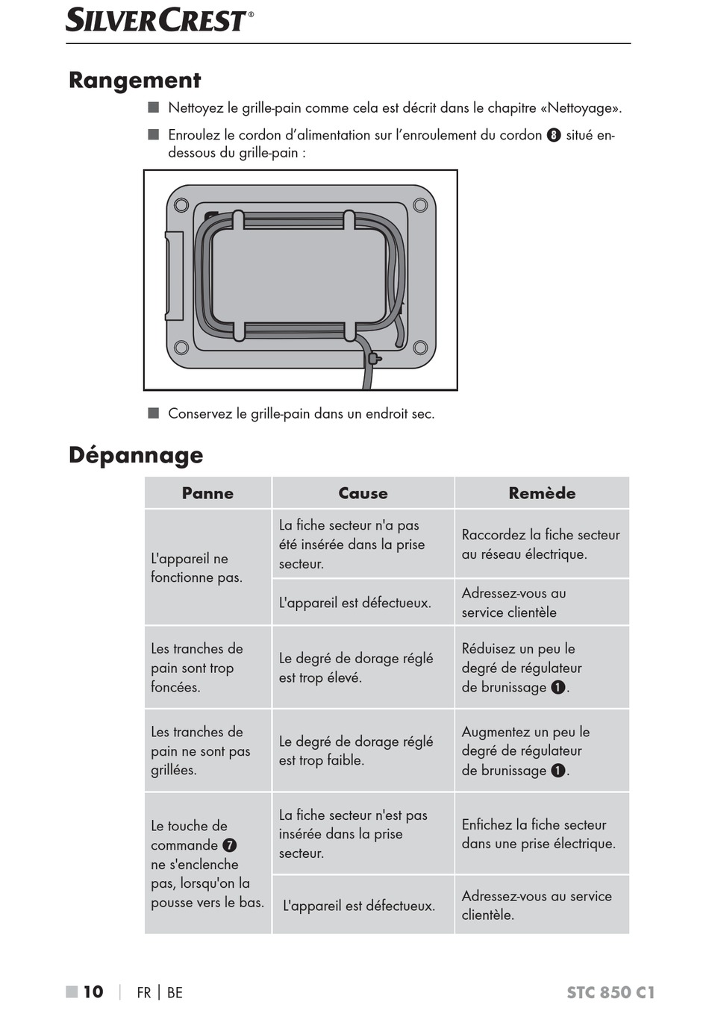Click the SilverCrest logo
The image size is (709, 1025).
[x=159, y=20]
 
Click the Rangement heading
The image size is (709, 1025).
[x=135, y=81]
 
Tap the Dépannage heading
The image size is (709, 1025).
[x=136, y=455]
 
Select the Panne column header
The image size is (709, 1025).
[x=207, y=493]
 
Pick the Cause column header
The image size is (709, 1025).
[x=363, y=493]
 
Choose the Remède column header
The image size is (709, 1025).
[x=542, y=493]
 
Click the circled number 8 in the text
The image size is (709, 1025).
[x=554, y=135]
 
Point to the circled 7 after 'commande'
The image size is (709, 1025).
[x=230, y=845]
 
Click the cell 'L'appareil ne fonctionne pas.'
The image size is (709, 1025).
[x=197, y=568]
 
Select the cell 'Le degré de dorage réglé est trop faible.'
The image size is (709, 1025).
[x=356, y=750]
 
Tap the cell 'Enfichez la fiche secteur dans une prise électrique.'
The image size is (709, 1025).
[x=539, y=834]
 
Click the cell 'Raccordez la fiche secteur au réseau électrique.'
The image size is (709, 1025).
[x=541, y=545]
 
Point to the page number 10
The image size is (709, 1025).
[x=93, y=992]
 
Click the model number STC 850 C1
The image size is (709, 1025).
[x=610, y=992]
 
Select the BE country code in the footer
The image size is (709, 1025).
[x=175, y=993]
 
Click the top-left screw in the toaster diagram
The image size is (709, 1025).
[x=181, y=205]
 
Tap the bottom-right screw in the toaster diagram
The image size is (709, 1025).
[x=420, y=347]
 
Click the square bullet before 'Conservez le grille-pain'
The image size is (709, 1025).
[x=154, y=413]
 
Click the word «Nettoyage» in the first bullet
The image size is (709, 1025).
[x=584, y=108]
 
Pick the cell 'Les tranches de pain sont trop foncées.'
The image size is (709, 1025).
[x=197, y=668]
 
